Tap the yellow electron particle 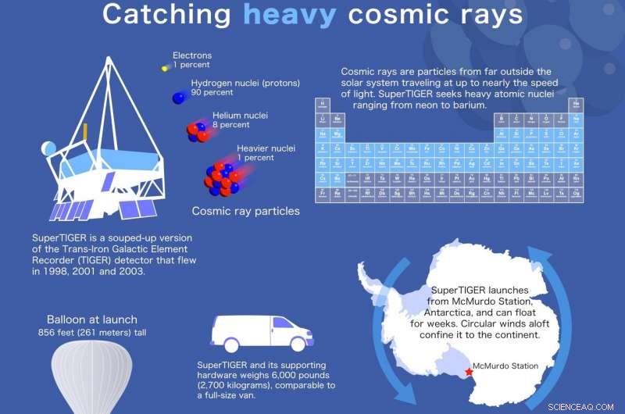pyautogui.click(x=165, y=69)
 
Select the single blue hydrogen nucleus pyautogui.click(x=180, y=97)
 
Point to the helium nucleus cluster pyautogui.click(x=195, y=130)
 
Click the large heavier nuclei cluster pyautogui.click(x=223, y=177)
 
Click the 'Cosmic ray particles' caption pyautogui.click(x=246, y=211)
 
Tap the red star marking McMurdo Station pyautogui.click(x=469, y=372)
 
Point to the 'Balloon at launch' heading pyautogui.click(x=91, y=319)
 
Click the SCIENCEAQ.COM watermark pyautogui.click(x=586, y=405)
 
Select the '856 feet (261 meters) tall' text pyautogui.click(x=91, y=332)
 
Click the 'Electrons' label pyautogui.click(x=191, y=55)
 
